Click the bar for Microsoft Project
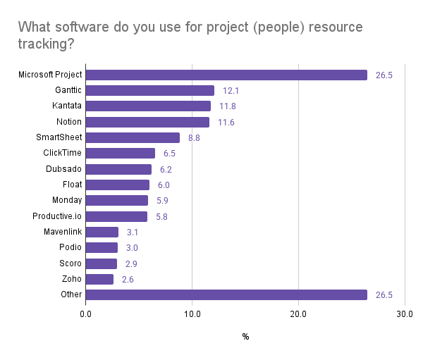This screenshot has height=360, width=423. coord(226,75)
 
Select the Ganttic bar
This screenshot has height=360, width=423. coord(150,90)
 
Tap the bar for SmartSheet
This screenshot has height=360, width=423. coord(133,137)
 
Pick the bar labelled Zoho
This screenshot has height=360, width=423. coord(99,279)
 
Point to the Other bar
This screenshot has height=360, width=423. coord(226,294)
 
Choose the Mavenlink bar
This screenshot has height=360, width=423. coord(102,232)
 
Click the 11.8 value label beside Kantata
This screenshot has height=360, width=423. coord(227,106)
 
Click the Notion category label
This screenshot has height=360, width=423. coord(69,122)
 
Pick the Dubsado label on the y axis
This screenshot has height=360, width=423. coord(64,169)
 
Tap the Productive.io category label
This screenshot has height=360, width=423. coord(58,216)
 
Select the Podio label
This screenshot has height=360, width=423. coord(70,247)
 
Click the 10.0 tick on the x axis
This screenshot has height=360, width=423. coord(192,313)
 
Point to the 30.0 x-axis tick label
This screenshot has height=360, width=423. coord(405,313)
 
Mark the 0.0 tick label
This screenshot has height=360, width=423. coord(86,313)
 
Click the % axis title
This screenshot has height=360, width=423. coord(245,337)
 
